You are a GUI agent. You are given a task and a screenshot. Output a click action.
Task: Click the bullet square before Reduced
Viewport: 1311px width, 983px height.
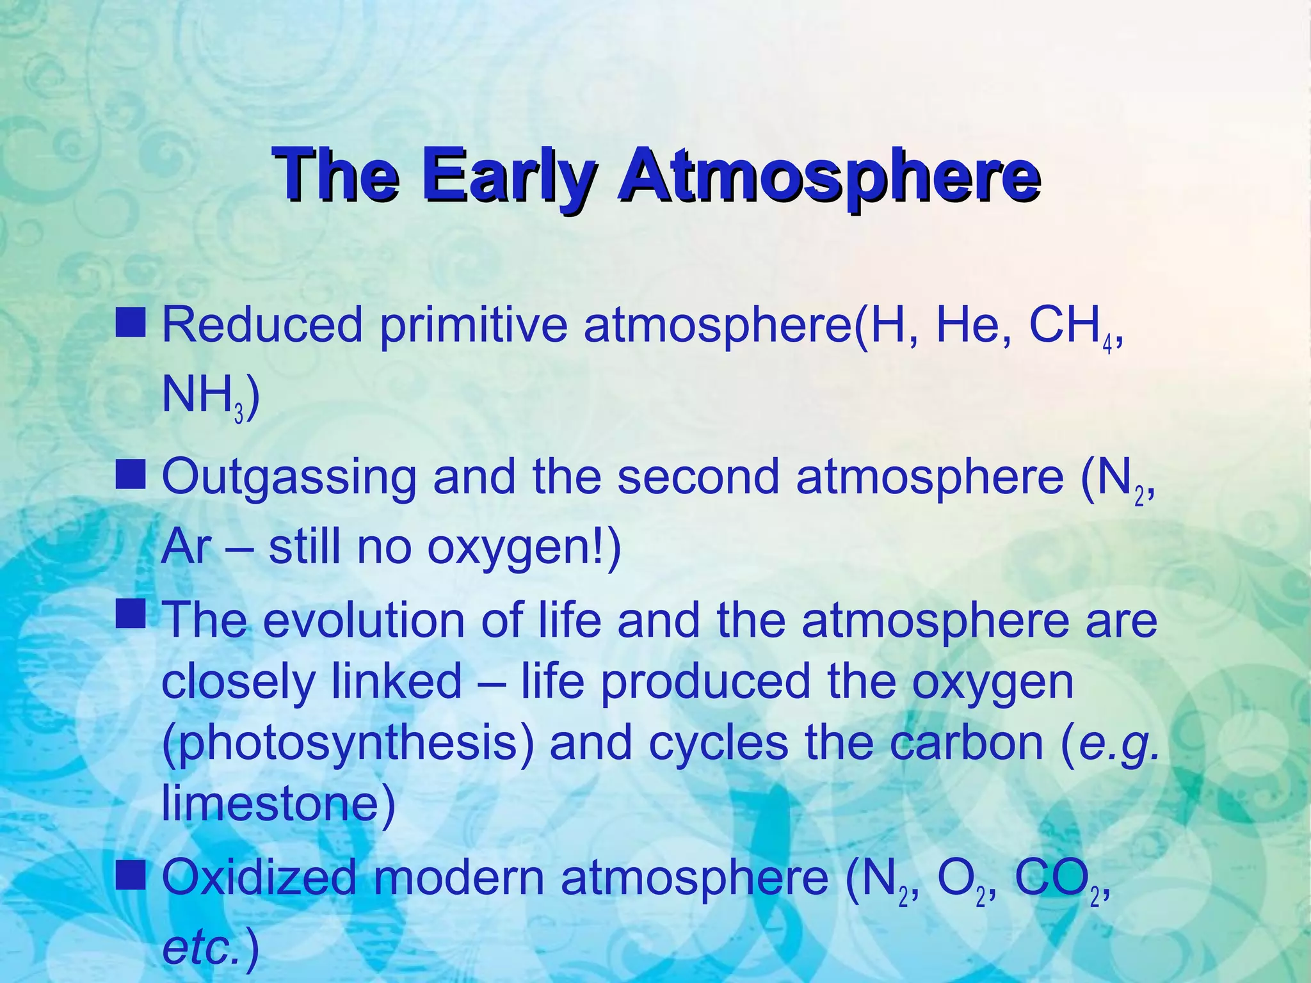pos(131,322)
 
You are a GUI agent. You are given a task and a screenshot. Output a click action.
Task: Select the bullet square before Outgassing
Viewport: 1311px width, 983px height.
pos(131,474)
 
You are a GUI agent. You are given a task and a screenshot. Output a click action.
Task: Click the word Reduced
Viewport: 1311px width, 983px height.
pos(262,324)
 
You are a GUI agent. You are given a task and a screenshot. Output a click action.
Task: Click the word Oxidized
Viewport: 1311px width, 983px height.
pos(259,877)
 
